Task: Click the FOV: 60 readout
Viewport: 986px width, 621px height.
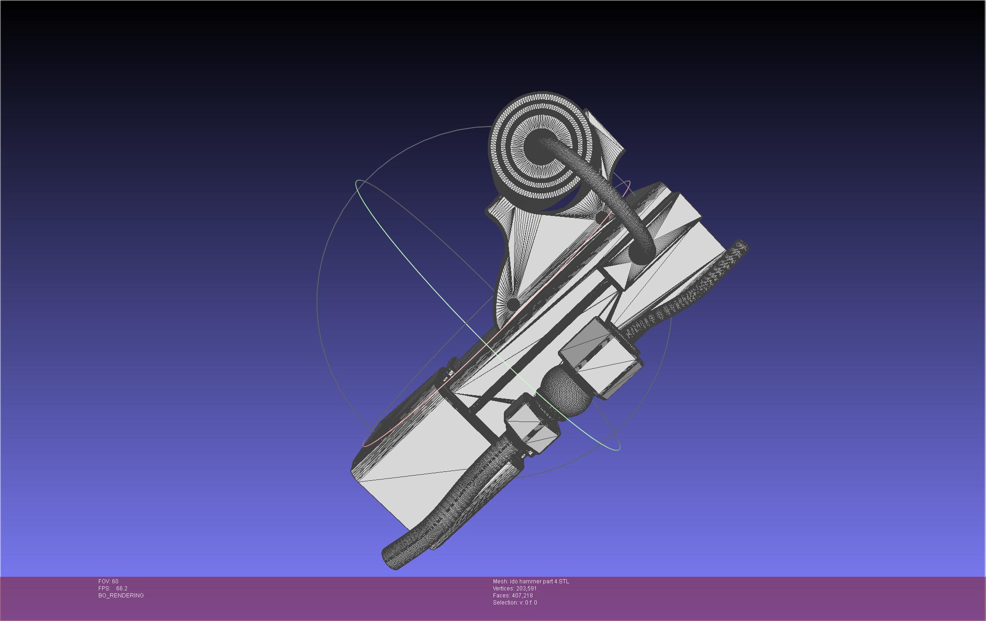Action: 108,581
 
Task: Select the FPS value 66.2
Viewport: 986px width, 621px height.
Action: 122,589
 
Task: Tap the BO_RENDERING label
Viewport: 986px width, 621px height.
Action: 121,596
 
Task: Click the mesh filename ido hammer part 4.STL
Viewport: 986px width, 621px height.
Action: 539,581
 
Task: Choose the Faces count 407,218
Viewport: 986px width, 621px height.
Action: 522,596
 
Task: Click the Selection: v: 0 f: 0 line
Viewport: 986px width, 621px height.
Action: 515,603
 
